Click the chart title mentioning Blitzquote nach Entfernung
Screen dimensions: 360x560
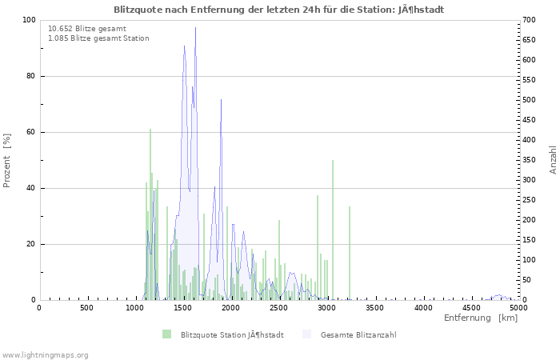(278, 10)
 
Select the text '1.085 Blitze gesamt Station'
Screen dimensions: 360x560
(98, 38)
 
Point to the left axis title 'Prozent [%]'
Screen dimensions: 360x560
(7, 160)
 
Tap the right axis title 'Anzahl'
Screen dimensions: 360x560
(553, 160)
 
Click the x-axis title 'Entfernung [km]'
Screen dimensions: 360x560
(481, 318)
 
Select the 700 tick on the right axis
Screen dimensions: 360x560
(530, 20)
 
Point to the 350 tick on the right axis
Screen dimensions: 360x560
(530, 160)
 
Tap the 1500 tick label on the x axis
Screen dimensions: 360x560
(182, 307)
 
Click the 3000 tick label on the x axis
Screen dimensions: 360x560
(326, 307)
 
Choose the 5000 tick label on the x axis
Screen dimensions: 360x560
(518, 307)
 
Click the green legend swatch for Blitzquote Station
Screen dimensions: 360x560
(166, 334)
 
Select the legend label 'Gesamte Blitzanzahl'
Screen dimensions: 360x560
(358, 334)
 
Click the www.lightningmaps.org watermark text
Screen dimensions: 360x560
(45, 354)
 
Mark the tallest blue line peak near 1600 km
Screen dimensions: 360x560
(195, 29)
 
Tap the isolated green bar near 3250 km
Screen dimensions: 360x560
(350, 252)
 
